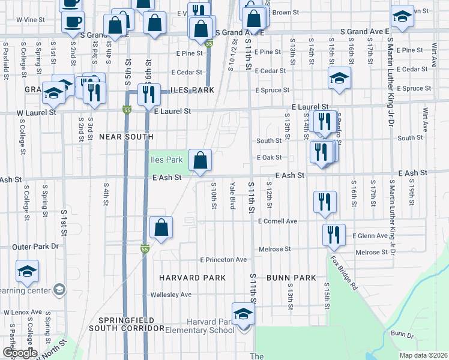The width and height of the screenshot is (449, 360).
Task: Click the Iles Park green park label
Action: point(166,160)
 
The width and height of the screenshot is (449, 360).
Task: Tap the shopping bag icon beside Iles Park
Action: point(200,161)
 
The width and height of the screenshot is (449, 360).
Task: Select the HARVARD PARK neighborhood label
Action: point(192,278)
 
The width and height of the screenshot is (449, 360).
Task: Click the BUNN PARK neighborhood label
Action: point(291,278)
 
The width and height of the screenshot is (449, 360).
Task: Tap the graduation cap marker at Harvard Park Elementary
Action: point(243,314)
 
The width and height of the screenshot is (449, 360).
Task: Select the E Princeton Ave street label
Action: point(223,260)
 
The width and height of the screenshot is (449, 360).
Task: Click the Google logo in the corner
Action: point(20,352)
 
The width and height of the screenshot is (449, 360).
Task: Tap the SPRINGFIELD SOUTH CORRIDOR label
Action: point(122,323)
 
